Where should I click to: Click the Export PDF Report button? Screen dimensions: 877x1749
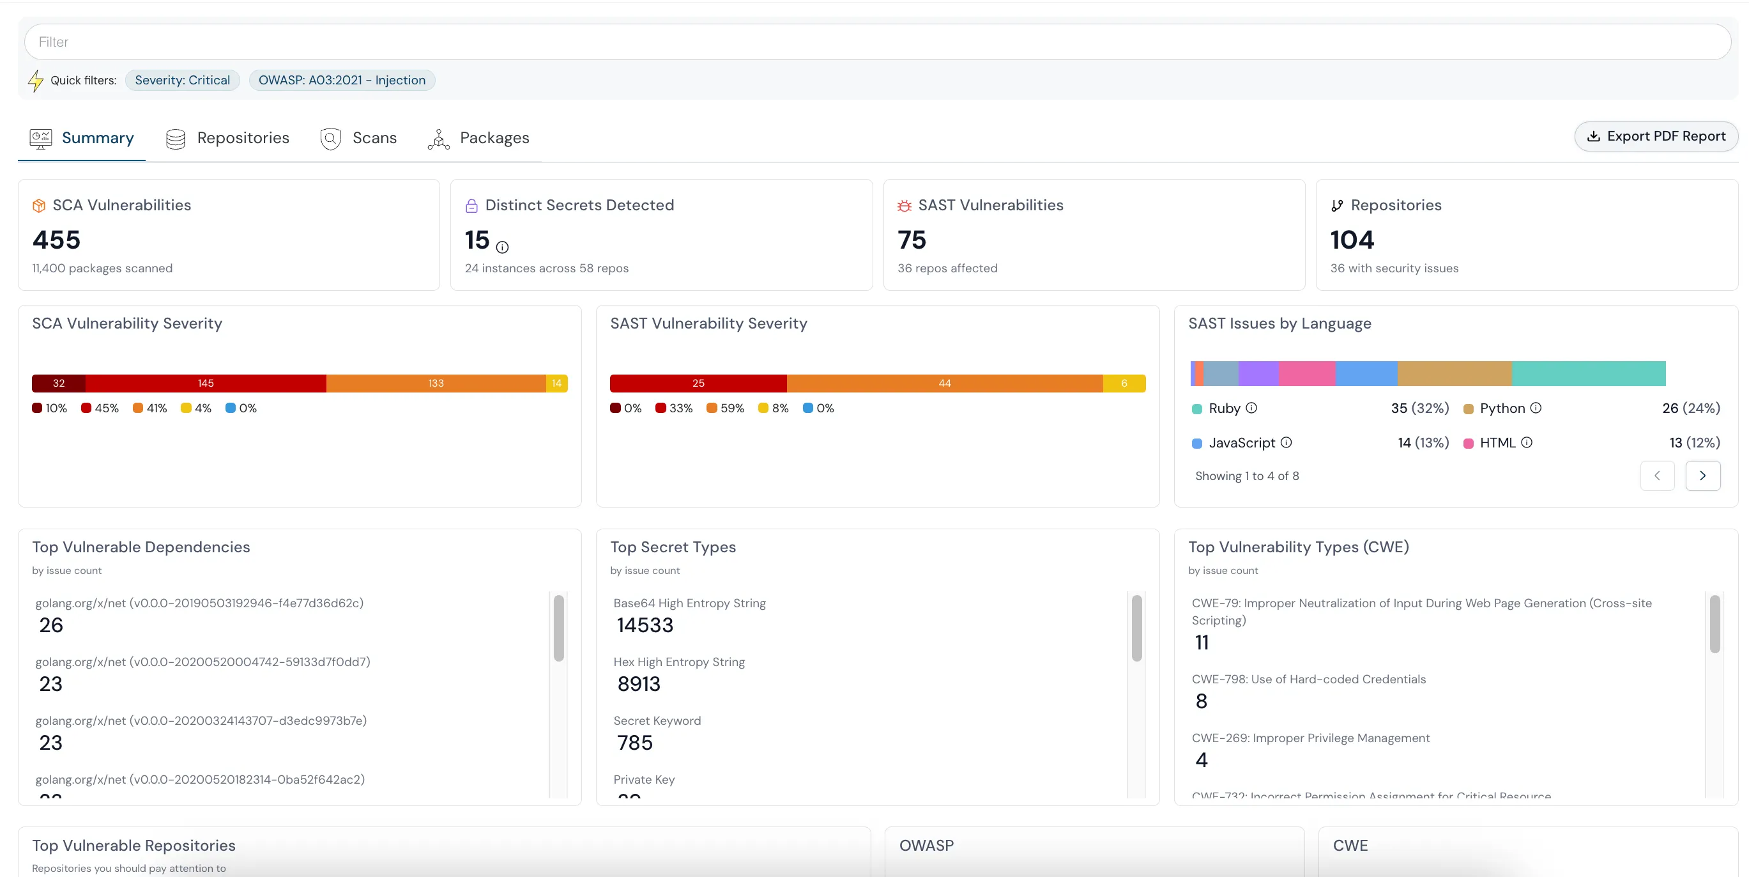coord(1655,137)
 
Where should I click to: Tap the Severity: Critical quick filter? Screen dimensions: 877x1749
coord(182,80)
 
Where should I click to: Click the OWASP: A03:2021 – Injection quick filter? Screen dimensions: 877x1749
coord(342,80)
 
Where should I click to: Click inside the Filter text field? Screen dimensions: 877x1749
coord(876,42)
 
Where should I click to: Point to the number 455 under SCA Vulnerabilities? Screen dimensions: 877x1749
coord(56,240)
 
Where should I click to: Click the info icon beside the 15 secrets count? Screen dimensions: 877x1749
coord(503,247)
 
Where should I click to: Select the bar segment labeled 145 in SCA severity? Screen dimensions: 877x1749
coord(206,383)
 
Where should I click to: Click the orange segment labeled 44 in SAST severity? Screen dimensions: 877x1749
coord(944,383)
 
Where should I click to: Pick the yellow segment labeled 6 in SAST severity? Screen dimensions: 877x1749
coord(1124,383)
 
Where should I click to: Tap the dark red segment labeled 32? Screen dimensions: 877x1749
coord(58,383)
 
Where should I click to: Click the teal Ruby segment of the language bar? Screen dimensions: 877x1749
coord(1588,374)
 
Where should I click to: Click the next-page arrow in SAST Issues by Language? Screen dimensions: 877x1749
coord(1702,476)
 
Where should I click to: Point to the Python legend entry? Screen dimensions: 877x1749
coord(1502,408)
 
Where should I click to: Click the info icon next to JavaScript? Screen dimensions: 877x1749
coord(1286,442)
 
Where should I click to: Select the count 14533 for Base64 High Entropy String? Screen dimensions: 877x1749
coord(645,625)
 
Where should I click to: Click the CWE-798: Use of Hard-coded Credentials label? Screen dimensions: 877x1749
coord(1308,679)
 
